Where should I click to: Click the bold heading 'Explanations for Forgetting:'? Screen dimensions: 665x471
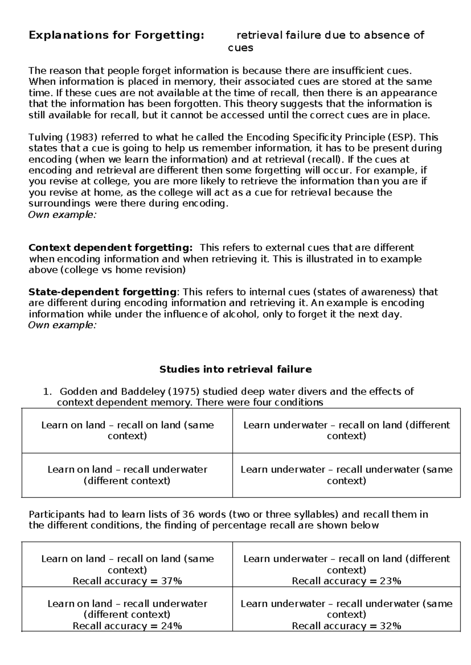tap(117, 35)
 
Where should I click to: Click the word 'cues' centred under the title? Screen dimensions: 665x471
tap(240, 48)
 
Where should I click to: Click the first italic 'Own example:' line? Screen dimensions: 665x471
tap(62, 214)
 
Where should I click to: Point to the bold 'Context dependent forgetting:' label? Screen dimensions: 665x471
tap(111, 248)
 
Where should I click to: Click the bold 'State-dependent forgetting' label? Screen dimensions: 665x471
tap(102, 292)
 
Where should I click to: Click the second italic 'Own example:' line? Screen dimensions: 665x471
tap(62, 325)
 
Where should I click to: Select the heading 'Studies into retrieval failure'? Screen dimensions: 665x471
tap(235, 369)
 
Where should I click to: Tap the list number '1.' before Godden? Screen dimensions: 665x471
tap(47, 391)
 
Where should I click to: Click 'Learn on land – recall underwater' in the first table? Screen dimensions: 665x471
tap(127, 470)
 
